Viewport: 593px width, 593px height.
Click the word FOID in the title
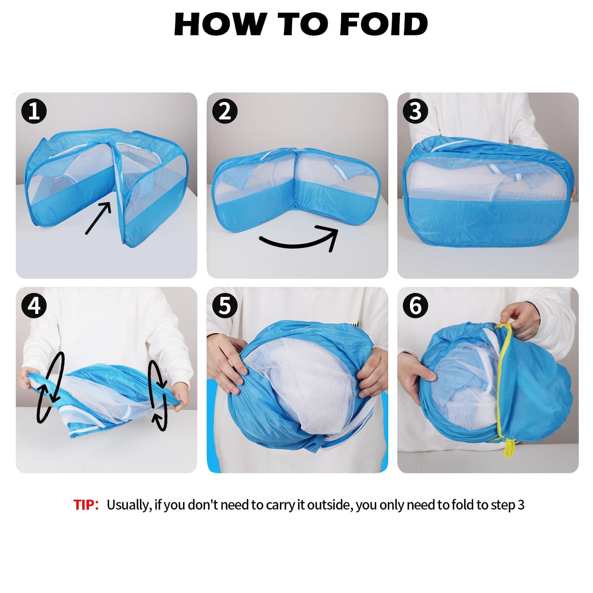[384, 24]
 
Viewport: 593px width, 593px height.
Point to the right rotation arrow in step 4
[158, 396]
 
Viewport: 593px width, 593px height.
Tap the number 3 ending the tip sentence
[521, 505]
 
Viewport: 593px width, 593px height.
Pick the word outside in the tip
[330, 505]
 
